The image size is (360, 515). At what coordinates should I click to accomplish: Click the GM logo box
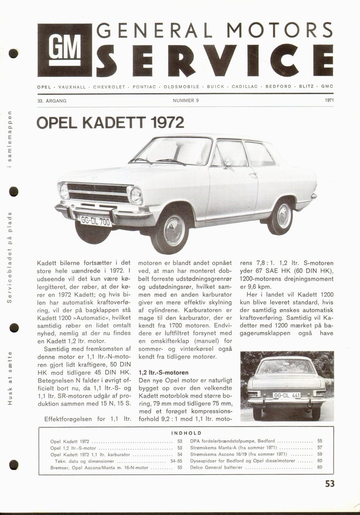click(64, 50)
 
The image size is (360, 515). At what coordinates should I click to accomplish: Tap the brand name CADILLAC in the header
click(244, 87)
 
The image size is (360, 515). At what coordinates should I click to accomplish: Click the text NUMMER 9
click(186, 101)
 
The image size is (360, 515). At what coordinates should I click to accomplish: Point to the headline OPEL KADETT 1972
click(110, 123)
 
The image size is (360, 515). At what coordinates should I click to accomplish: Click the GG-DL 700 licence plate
click(95, 221)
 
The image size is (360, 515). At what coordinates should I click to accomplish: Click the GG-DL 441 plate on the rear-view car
click(287, 395)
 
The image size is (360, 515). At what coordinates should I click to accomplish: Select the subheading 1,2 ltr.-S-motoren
click(163, 372)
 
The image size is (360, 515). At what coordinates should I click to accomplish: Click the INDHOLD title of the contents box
click(186, 433)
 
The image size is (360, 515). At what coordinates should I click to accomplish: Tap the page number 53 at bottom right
click(330, 484)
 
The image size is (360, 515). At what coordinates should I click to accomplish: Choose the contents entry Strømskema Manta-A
click(233, 447)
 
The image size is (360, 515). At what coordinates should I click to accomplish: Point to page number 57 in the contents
click(319, 447)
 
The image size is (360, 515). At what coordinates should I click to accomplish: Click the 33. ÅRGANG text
click(52, 101)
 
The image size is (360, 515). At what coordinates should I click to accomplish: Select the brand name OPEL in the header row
click(44, 87)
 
